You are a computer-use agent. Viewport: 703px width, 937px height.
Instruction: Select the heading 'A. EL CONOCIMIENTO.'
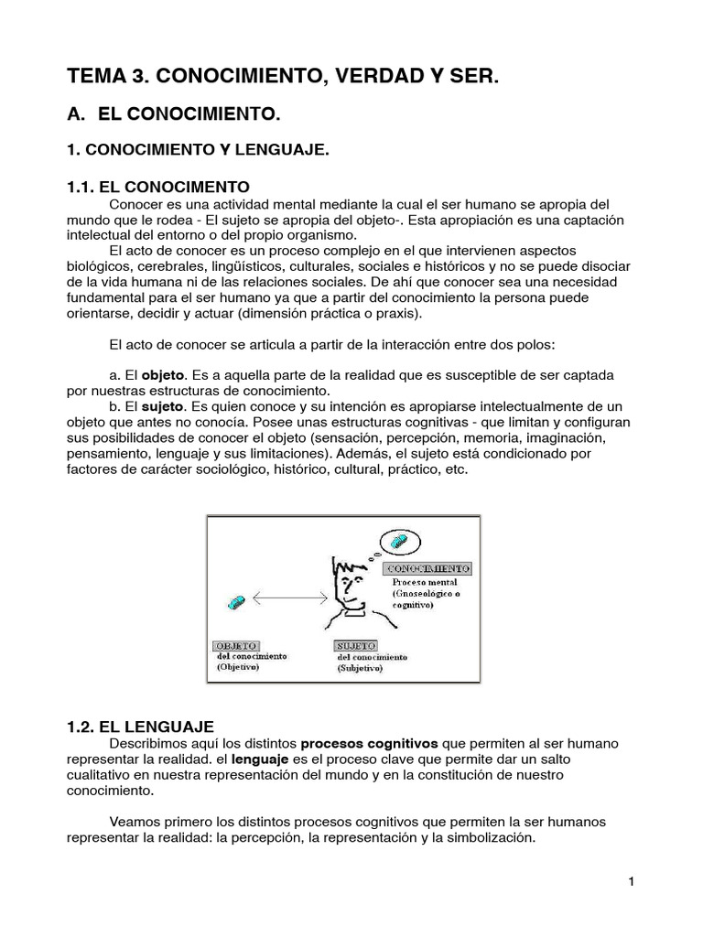pyautogui.click(x=173, y=115)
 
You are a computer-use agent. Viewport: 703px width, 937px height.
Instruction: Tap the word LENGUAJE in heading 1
pyautogui.click(x=282, y=149)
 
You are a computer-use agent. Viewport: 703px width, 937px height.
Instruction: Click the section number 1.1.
pyautogui.click(x=83, y=188)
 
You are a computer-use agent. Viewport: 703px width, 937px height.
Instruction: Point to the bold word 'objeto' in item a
pyautogui.click(x=164, y=376)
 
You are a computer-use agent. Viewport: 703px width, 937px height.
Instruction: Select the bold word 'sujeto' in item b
pyautogui.click(x=164, y=406)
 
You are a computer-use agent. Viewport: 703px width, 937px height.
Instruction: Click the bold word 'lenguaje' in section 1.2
pyautogui.click(x=261, y=759)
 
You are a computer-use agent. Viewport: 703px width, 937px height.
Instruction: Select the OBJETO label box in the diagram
pyautogui.click(x=236, y=646)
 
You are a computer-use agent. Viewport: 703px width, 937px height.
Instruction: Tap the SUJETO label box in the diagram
pyautogui.click(x=356, y=646)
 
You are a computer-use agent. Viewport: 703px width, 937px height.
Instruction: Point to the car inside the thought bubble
pyautogui.click(x=400, y=543)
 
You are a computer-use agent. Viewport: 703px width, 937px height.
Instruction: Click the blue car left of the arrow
pyautogui.click(x=235, y=602)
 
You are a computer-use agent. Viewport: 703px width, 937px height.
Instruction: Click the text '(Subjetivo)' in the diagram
pyautogui.click(x=360, y=669)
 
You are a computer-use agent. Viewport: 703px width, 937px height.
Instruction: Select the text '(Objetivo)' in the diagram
pyautogui.click(x=238, y=667)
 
